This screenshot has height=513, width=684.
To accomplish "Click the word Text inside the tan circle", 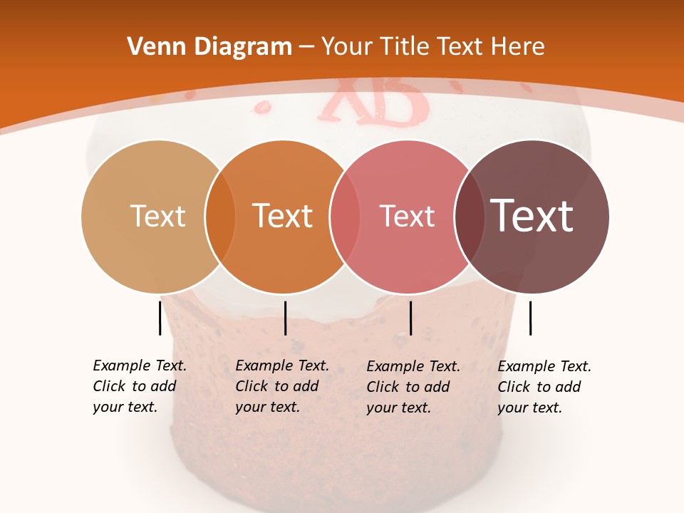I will coord(157,216).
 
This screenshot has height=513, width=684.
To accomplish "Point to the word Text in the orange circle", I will coord(283,216).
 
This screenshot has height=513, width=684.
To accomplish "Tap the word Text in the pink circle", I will coord(407,216).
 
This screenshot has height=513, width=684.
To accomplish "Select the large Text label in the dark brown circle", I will coord(532,215).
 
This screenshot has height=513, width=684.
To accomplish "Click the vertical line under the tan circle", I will coord(160,318).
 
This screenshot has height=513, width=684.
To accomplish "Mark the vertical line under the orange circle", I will coord(285,318).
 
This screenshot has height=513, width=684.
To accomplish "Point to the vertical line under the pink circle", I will coord(410,318).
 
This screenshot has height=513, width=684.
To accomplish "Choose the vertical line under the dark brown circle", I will coord(530,318).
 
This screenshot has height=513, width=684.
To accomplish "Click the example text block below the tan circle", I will coord(139,386).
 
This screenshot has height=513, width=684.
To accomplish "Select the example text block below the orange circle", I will coord(281,386).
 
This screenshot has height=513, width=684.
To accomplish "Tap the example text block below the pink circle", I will coord(413,387).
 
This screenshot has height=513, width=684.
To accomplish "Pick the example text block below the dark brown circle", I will coord(544,387).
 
